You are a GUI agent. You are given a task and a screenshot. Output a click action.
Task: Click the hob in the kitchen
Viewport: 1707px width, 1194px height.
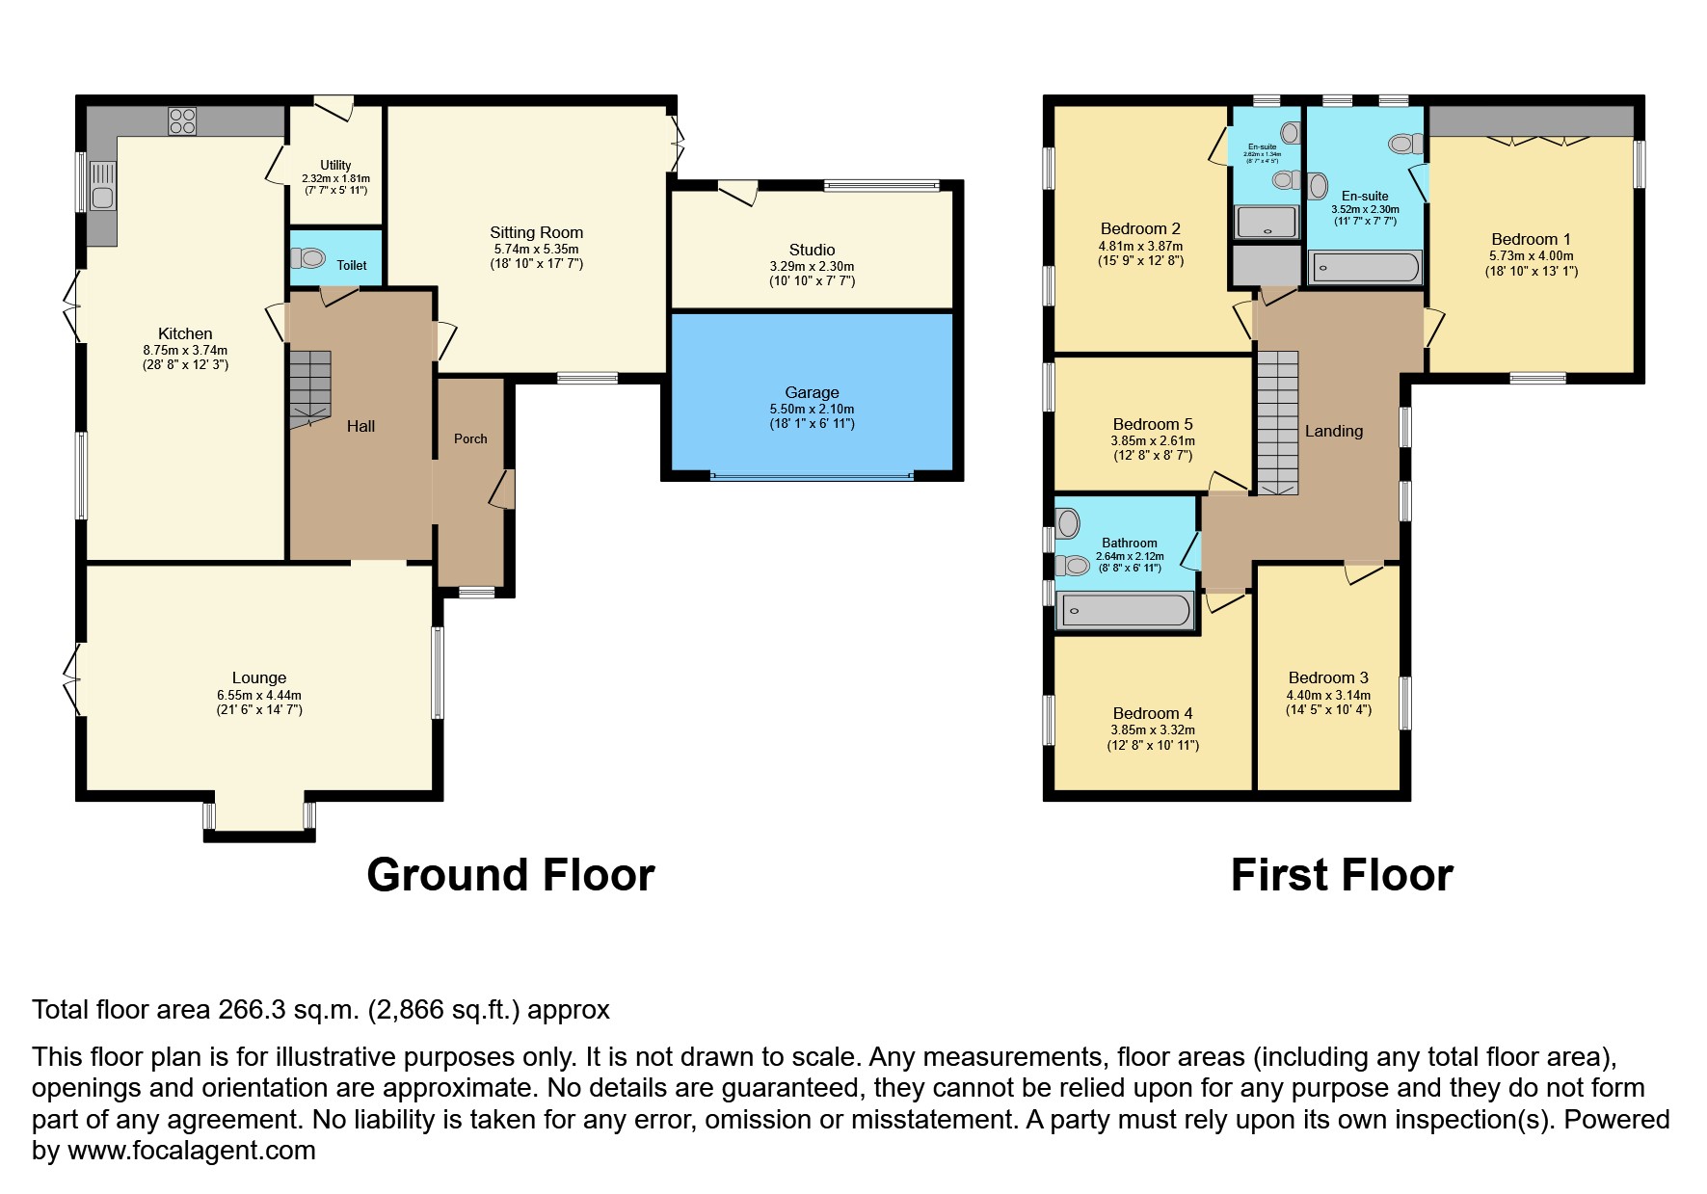coord(182,121)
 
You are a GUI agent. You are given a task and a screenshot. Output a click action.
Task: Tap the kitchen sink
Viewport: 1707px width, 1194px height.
coord(102,188)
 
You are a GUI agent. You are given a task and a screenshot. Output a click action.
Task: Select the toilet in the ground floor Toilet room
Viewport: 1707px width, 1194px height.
coord(308,258)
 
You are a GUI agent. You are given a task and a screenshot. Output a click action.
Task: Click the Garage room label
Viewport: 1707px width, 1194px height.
coord(812,392)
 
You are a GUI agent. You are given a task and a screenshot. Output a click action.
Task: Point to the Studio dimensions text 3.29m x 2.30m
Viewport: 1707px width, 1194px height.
coord(812,266)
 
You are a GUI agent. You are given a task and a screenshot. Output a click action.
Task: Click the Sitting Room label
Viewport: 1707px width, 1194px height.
coord(536,232)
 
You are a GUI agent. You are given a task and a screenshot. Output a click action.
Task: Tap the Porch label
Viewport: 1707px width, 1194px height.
coord(470,438)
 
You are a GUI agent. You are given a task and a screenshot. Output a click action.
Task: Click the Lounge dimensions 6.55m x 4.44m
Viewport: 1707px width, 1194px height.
coord(258,695)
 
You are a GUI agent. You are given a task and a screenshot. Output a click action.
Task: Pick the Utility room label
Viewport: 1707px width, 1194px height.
coord(335,166)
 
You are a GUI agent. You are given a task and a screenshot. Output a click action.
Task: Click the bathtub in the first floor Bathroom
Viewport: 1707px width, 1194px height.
coord(1125,610)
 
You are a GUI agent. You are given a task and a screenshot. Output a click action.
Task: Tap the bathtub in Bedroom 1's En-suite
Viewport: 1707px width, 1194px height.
coord(1366,267)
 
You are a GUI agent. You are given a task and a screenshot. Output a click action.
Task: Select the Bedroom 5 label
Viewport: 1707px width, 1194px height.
coord(1153,424)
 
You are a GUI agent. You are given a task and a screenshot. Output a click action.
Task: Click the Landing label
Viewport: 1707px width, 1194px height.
coord(1334,431)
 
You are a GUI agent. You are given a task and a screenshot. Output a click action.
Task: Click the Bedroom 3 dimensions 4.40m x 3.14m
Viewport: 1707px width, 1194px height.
coord(1328,695)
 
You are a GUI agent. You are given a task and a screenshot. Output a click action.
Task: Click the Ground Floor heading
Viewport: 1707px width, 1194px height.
coord(510,875)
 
